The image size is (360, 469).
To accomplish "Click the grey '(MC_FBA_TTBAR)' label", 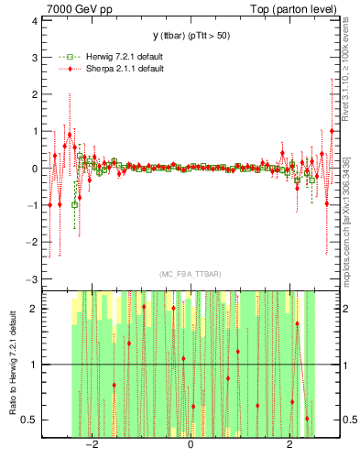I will (x=190, y=275).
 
